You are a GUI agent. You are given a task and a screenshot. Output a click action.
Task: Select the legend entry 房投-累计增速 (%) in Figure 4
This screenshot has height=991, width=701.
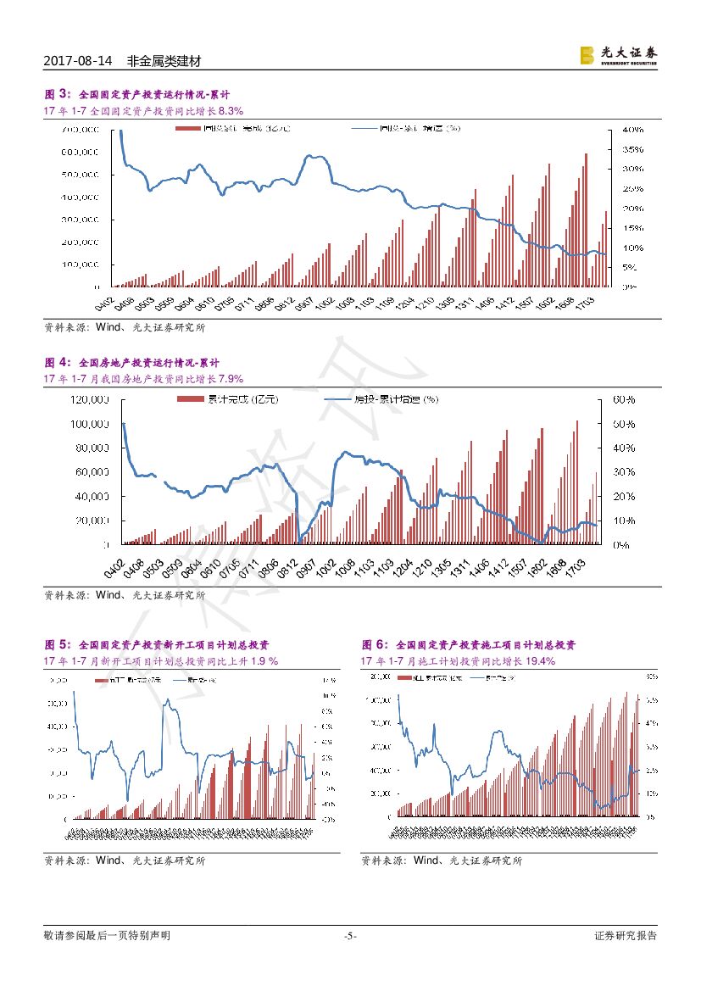[x=386, y=399]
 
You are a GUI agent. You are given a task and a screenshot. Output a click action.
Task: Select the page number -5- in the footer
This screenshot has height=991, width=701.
[x=350, y=936]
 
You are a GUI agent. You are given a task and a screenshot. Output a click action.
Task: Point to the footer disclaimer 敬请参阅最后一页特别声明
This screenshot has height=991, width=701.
[x=107, y=936]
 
